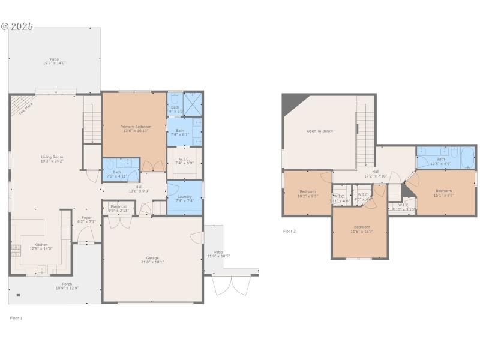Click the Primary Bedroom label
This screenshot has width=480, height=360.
coord(136,128)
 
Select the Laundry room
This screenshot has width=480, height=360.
coord(185,198)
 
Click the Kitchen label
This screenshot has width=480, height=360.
coord(41,246)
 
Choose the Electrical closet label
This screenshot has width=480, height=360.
coord(118,208)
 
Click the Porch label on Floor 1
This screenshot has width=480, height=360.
coord(67,286)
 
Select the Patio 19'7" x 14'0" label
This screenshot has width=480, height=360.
coord(54,61)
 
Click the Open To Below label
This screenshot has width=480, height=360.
coord(320,131)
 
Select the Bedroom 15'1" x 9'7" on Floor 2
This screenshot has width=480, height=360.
coord(443,193)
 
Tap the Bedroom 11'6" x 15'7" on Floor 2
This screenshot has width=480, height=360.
coord(361,229)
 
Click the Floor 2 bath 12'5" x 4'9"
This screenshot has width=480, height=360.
coord(440,161)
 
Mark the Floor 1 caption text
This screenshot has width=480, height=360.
coord(16,318)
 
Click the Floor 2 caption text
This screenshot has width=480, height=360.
coord(289,231)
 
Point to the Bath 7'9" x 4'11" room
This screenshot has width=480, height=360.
coord(117,174)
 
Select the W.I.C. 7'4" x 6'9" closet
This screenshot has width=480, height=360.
coord(185,161)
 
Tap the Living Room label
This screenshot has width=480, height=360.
coord(52,158)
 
